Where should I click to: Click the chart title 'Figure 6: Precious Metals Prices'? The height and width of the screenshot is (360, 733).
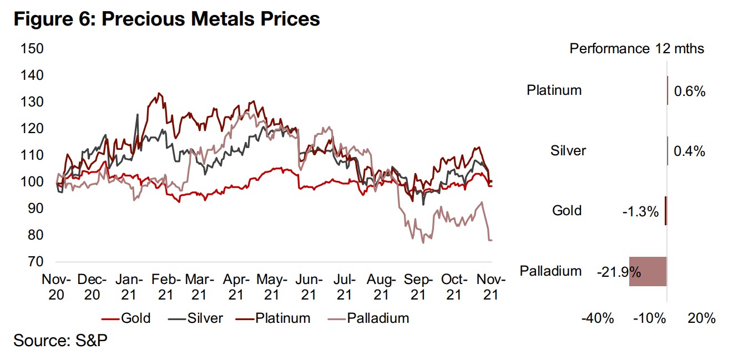(167, 19)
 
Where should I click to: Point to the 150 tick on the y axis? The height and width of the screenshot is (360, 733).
(32, 48)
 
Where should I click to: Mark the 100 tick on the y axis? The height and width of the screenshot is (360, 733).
(32, 181)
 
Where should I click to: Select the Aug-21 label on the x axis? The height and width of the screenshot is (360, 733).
(382, 287)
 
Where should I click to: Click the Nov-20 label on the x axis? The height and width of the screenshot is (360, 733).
(55, 287)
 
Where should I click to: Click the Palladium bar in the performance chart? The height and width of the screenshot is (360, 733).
(648, 271)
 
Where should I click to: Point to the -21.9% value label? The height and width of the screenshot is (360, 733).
(619, 272)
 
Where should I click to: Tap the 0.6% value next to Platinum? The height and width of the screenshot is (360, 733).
(689, 92)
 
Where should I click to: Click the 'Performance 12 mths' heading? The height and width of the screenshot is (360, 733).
(636, 49)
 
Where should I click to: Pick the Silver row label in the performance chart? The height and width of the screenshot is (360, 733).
(568, 150)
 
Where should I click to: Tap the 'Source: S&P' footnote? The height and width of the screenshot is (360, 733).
(60, 340)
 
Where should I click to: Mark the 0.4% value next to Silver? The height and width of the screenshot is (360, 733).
(689, 150)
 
